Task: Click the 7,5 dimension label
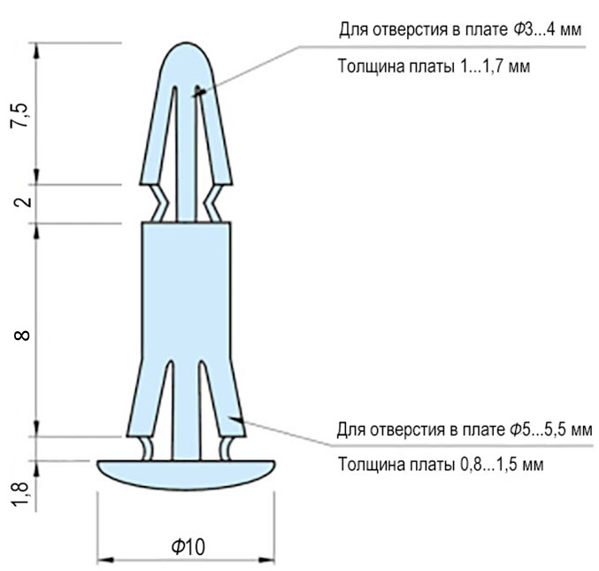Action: click(x=21, y=115)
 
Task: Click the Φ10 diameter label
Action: click(x=188, y=546)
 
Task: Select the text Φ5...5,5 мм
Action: click(x=551, y=430)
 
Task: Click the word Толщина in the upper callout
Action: click(x=368, y=66)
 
